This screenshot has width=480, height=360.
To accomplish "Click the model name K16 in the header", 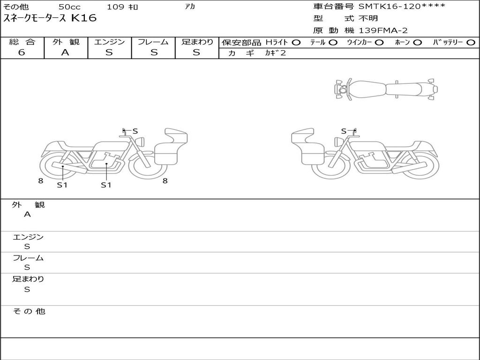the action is [x=84, y=18].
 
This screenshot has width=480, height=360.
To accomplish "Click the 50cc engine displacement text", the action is [x=69, y=7].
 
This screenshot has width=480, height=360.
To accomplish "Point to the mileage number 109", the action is [x=115, y=7].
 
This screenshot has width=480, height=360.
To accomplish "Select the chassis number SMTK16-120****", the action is [x=402, y=6].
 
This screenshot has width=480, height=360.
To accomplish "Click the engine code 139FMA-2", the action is [x=383, y=30].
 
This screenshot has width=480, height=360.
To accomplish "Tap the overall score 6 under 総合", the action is [x=22, y=52].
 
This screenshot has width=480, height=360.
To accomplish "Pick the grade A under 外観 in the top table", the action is [x=65, y=52].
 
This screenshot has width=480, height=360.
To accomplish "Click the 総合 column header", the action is [x=22, y=42].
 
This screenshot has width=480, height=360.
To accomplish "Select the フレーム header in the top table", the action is [x=153, y=42].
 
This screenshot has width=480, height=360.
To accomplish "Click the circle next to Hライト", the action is [x=296, y=43].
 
